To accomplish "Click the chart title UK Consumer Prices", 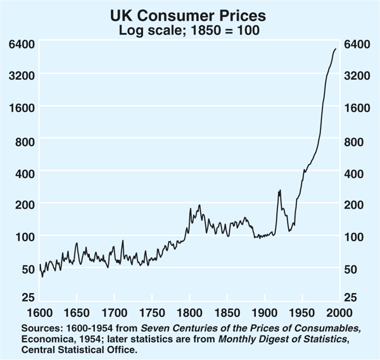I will [189, 15].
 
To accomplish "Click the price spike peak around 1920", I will [279, 190].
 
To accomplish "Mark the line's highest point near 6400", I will [336, 49].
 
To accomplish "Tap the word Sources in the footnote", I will [37, 327].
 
